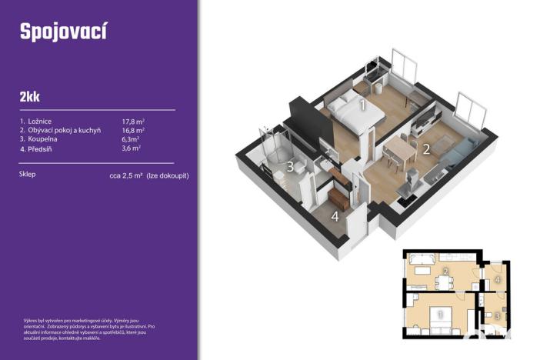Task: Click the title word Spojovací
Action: click(x=63, y=32)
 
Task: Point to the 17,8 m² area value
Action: click(x=134, y=121)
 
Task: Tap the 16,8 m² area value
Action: click(x=134, y=130)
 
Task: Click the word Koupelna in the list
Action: click(x=44, y=139)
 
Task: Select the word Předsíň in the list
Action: click(x=42, y=149)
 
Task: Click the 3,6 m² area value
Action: click(x=132, y=149)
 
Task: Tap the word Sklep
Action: click(x=28, y=175)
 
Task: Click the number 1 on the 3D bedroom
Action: click(x=362, y=105)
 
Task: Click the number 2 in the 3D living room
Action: click(x=425, y=149)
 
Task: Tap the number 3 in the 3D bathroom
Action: click(x=291, y=166)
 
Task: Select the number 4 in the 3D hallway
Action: click(x=335, y=216)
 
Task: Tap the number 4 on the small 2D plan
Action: click(x=498, y=279)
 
